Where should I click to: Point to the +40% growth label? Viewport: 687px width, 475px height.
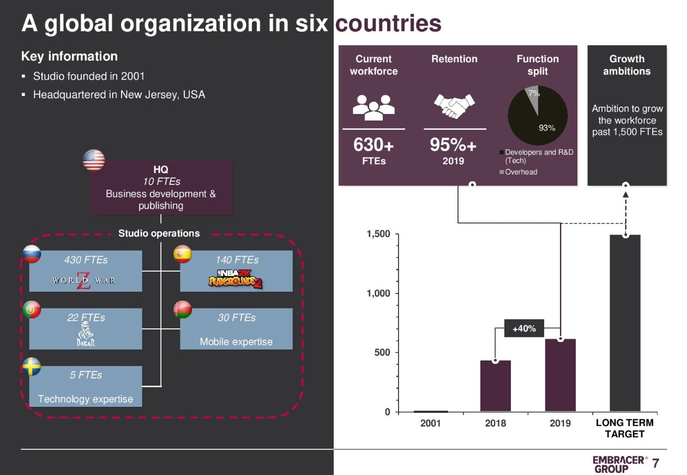525,328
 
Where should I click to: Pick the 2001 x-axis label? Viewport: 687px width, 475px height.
431,423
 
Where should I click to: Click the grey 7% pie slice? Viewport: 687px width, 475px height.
532,98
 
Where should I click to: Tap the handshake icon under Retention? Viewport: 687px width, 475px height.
454,106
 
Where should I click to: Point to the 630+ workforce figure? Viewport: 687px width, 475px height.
373,145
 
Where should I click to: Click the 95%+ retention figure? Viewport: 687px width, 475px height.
453,145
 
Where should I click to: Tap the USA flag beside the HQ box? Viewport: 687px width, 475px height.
94,160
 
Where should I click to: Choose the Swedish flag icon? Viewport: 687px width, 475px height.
32,366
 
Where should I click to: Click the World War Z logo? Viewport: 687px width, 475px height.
84,280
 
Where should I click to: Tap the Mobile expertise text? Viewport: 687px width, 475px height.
236,342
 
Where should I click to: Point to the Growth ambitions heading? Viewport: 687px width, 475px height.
626,65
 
